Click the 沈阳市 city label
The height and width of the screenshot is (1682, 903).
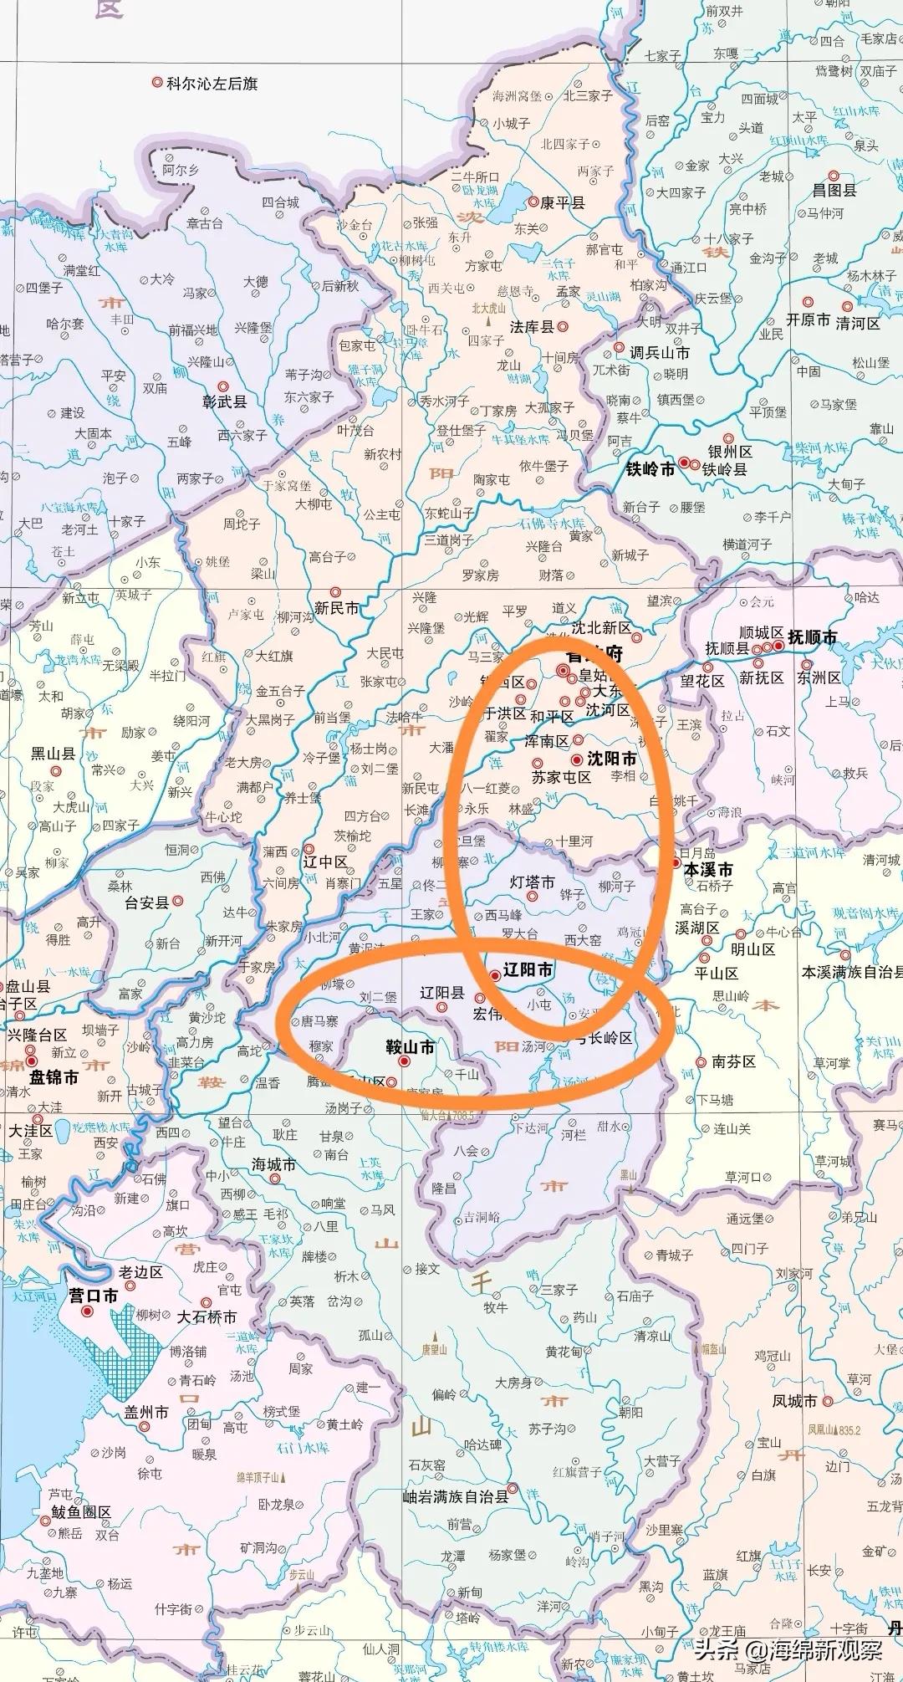pyautogui.click(x=612, y=759)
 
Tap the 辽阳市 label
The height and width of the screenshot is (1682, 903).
pyautogui.click(x=528, y=969)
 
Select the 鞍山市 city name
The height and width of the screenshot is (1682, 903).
pyautogui.click(x=410, y=1046)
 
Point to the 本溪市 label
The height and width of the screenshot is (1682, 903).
pyautogui.click(x=708, y=869)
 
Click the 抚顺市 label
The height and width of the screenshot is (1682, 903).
pyautogui.click(x=812, y=637)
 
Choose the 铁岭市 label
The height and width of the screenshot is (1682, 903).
pyautogui.click(x=650, y=469)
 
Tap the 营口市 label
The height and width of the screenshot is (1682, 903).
pyautogui.click(x=94, y=1296)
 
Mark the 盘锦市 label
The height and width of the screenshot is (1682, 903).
pyautogui.click(x=54, y=1077)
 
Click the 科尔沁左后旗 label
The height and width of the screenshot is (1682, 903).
pyautogui.click(x=212, y=84)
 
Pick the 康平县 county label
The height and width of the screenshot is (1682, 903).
pyautogui.click(x=562, y=202)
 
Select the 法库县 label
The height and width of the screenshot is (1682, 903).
pyautogui.click(x=533, y=327)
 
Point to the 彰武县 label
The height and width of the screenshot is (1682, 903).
pyautogui.click(x=224, y=402)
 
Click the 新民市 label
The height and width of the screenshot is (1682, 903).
pyautogui.click(x=336, y=608)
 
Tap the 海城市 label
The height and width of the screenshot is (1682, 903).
pyautogui.click(x=273, y=1164)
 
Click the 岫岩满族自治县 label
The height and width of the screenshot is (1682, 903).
pyautogui.click(x=456, y=1496)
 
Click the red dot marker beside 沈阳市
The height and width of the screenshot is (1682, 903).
pyautogui.click(x=577, y=759)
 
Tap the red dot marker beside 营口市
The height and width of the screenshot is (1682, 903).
pyautogui.click(x=87, y=1311)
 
